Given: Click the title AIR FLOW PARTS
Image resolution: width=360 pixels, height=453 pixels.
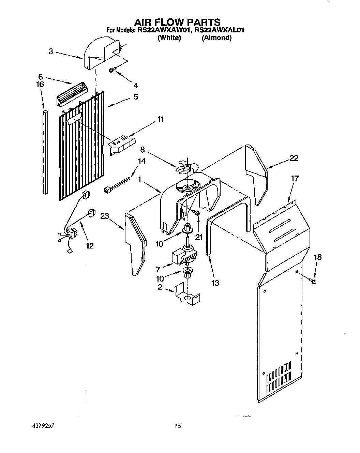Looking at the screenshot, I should point(177,22).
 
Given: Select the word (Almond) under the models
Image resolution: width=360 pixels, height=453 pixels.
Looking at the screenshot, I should point(216,38).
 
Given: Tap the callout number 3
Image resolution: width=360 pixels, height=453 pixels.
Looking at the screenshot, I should point(50,52).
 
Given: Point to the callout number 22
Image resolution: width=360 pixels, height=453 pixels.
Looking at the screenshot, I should point(294,158).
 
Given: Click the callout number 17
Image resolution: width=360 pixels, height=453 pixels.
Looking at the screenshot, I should point(295,178).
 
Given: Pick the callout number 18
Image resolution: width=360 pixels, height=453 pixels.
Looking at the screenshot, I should point(317,257).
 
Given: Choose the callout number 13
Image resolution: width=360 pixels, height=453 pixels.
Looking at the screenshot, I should point(215,283).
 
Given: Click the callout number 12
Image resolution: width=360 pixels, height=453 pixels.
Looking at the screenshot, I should point(90,245).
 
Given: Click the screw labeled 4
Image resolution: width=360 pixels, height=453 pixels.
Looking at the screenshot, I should point(112,70).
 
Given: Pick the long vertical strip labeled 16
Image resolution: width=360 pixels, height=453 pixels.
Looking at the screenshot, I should point(45,152).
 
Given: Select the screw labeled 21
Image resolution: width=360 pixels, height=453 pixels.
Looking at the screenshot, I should point(197,213).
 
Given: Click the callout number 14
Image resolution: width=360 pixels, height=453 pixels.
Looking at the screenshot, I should point(141,161).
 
